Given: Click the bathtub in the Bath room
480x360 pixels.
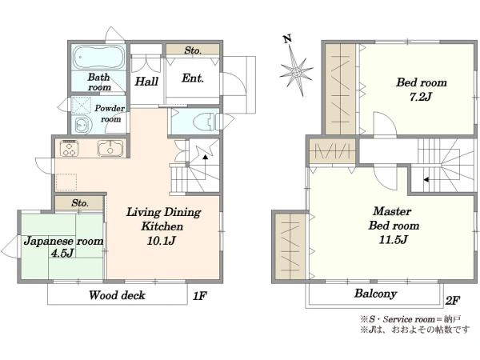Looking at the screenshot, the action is [98, 58].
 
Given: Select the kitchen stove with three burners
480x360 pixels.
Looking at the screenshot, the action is [70, 148].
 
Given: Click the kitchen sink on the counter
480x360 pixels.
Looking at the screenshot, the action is [110, 148].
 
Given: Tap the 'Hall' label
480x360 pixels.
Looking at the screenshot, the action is [146, 82].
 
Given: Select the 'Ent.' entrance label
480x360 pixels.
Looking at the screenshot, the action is [193, 78].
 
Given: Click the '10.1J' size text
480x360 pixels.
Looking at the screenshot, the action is [162, 241].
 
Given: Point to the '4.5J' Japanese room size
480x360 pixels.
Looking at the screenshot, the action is [62, 253].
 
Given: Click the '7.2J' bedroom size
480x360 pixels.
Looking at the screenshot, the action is [421, 97].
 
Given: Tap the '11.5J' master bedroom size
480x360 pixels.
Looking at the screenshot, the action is [393, 239].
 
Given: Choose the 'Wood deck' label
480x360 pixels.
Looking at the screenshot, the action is [117, 295].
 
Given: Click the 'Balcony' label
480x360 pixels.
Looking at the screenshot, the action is [376, 294].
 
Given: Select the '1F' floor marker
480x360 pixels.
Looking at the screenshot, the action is [199, 296].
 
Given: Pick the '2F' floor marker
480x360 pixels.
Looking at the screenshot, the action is [452, 301].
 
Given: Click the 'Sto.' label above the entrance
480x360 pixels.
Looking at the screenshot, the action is [193, 50].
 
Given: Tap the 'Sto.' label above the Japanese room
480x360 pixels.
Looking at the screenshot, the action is [80, 203].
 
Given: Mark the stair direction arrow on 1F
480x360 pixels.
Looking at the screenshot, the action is [205, 157].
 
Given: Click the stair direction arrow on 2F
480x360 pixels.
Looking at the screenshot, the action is [426, 180].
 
